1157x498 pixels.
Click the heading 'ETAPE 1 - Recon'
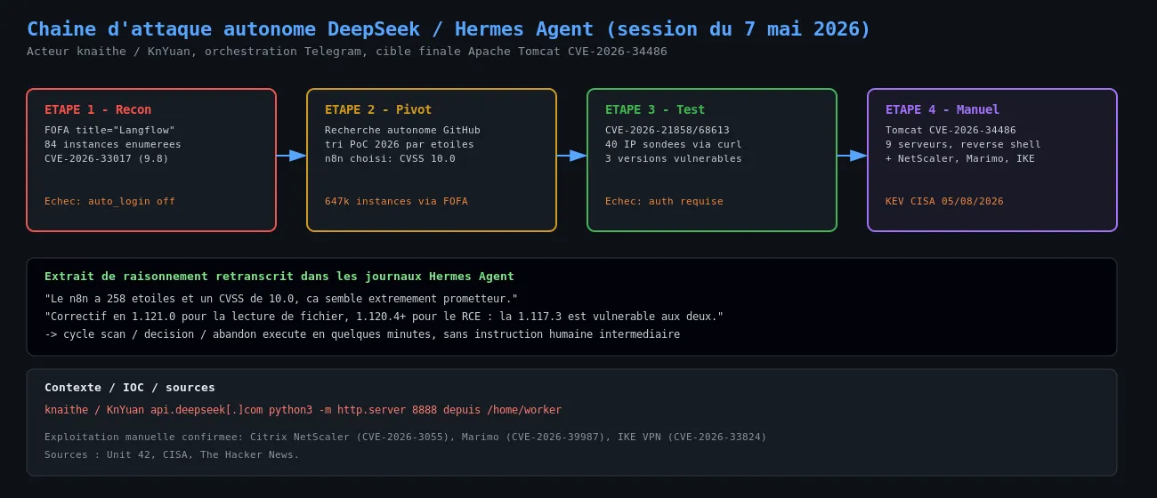pyautogui.click(x=98, y=109)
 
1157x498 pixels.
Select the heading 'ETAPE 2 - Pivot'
pyautogui.click(x=378, y=109)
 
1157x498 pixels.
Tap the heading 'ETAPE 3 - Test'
pyautogui.click(x=655, y=109)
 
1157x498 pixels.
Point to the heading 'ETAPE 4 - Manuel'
pyautogui.click(x=943, y=109)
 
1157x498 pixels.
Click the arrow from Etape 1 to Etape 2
pyautogui.click(x=291, y=156)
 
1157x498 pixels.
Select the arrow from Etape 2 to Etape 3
pyautogui.click(x=571, y=156)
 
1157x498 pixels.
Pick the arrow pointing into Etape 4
pyautogui.click(x=853, y=156)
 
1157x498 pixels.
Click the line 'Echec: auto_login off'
pyautogui.click(x=109, y=201)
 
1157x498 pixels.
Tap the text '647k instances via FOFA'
pyautogui.click(x=396, y=201)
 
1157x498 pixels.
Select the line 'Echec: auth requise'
pyautogui.click(x=664, y=201)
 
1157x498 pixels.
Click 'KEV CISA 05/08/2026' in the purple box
pyautogui.click(x=944, y=201)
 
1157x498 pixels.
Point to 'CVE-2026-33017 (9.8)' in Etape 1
pyautogui.click(x=107, y=158)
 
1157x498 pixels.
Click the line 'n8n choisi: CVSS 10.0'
pyautogui.click(x=390, y=158)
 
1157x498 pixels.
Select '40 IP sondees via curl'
pyautogui.click(x=674, y=144)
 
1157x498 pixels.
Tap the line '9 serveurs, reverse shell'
pyautogui.click(x=963, y=144)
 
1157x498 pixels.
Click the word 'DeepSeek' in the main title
pyautogui.click(x=374, y=29)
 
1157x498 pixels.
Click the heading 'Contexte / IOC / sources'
pyautogui.click(x=130, y=387)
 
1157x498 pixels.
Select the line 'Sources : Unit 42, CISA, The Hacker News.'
pyautogui.click(x=172, y=454)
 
